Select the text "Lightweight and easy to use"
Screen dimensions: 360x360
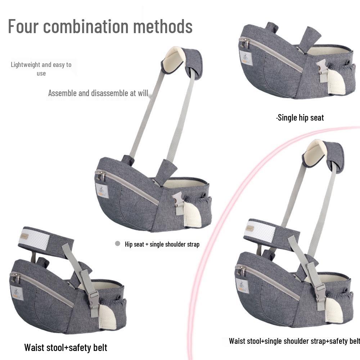coord(41,69)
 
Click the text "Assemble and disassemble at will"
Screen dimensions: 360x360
coord(98,93)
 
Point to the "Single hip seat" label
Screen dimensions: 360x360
coord(300,118)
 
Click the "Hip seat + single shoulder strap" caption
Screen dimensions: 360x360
coord(162,244)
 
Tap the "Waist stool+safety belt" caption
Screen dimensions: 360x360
coord(66,347)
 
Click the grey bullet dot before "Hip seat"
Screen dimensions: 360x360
coord(117,244)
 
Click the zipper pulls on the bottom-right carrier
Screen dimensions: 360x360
coord(240,270)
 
